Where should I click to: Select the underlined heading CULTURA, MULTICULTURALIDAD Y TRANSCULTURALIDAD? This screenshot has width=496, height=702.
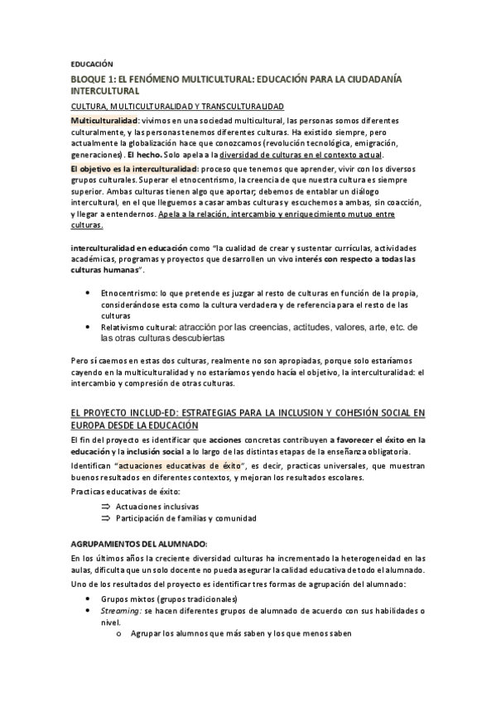[x=177, y=107]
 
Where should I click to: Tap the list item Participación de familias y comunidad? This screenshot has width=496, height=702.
[x=185, y=518]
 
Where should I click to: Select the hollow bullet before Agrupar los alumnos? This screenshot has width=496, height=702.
[x=119, y=634]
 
